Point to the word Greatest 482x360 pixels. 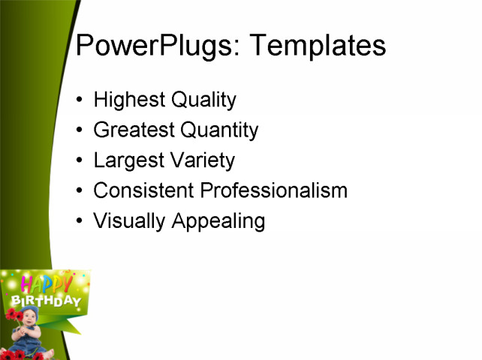[x=132, y=130]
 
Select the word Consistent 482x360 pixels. [x=143, y=190]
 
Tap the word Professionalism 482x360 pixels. [x=274, y=190]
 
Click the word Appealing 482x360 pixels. [x=218, y=221]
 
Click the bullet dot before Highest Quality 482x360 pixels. [x=80, y=100]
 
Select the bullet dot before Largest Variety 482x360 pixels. [x=80, y=161]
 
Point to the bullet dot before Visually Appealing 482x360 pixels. [x=80, y=222]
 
